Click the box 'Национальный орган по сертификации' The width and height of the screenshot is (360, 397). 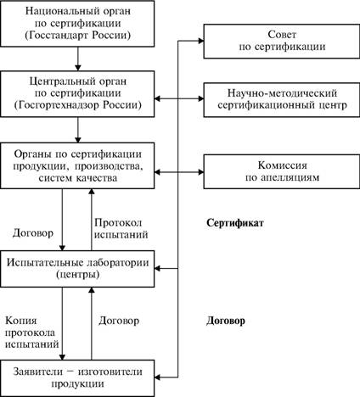77,24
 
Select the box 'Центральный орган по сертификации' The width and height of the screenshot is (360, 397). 77,93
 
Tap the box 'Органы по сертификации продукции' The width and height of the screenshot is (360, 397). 77,165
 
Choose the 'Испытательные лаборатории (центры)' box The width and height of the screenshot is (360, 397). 77,269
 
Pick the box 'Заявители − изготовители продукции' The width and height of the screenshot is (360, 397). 77,378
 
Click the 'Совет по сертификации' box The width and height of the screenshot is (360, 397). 282,42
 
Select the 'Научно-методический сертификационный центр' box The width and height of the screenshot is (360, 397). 282,99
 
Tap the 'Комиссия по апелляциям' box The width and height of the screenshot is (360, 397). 282,171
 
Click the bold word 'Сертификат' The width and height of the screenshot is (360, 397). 235,223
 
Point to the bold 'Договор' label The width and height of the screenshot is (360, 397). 226,322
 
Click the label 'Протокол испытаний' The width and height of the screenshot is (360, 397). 121,229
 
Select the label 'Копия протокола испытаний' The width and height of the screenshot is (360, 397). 32,333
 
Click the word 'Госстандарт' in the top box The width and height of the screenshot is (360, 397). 56,36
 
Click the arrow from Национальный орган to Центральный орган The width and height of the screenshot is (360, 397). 78,59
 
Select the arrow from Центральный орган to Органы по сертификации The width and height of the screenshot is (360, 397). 78,130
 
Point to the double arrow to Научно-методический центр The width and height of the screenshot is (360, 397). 179,98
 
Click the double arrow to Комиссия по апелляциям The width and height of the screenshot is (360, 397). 179,172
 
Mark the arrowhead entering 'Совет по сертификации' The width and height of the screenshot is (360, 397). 201,41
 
